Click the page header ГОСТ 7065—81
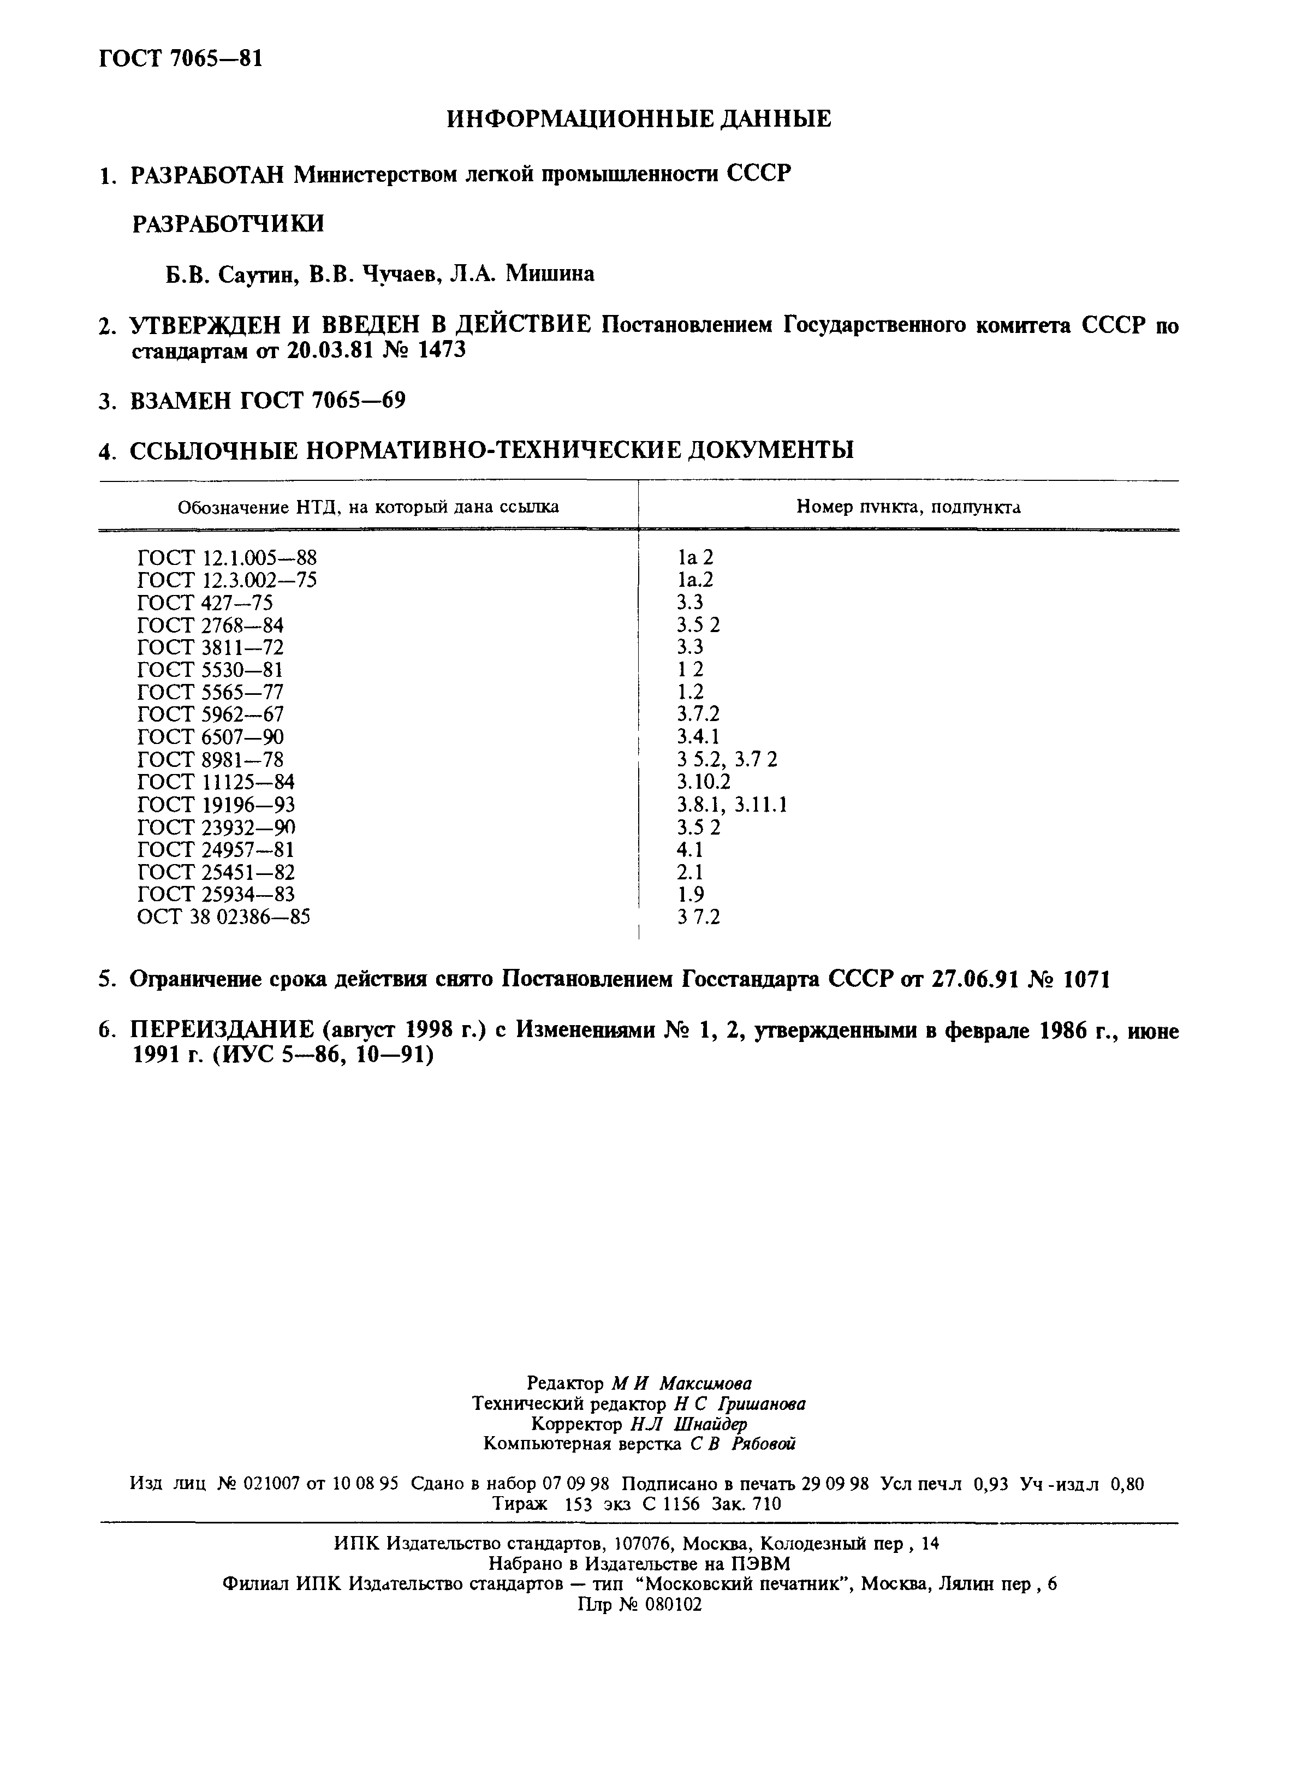(x=181, y=59)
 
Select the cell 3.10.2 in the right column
(x=703, y=782)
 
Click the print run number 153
(x=579, y=1504)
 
